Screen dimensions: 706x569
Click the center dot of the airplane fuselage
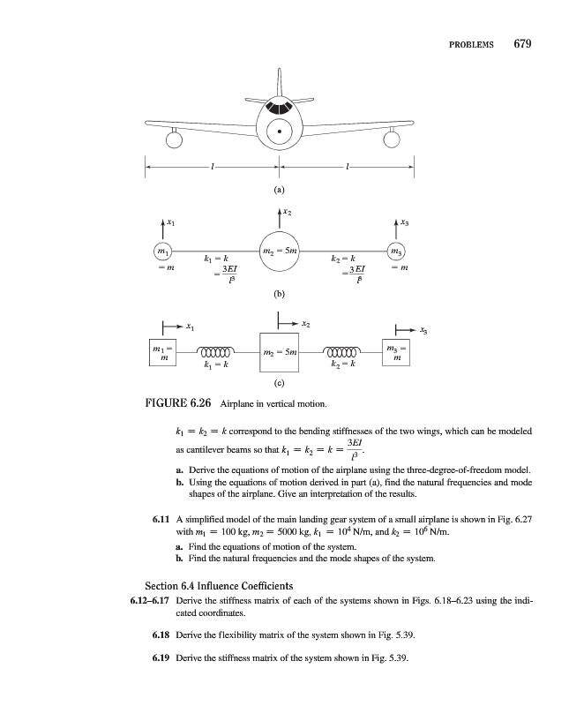280,132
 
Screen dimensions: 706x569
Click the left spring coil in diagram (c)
216,349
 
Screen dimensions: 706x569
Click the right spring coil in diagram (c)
347,349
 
